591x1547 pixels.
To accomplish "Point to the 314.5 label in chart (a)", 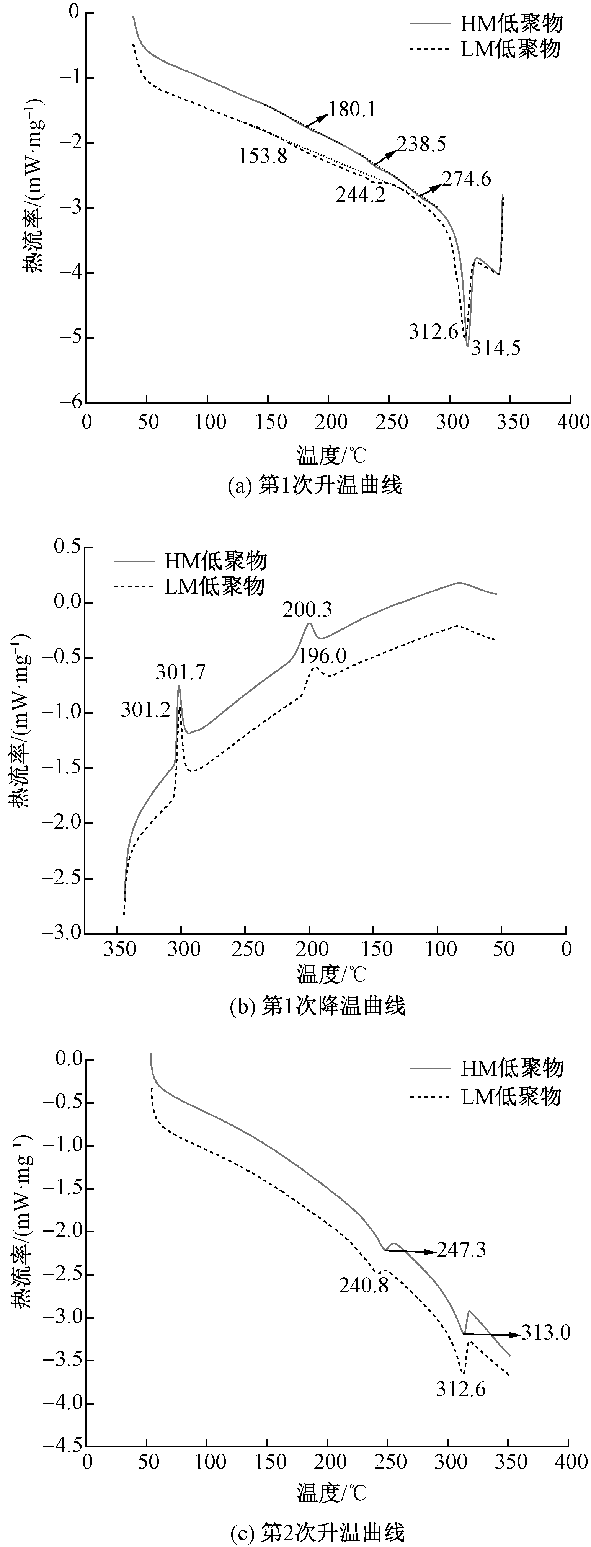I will click(x=496, y=348).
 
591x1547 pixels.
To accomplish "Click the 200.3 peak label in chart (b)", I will click(x=307, y=610).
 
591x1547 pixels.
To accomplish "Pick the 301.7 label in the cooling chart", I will click(x=181, y=672).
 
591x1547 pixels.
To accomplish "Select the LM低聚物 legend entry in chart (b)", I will click(x=214, y=586).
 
